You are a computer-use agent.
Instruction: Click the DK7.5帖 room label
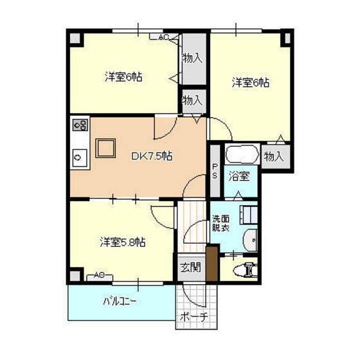pyautogui.click(x=152, y=156)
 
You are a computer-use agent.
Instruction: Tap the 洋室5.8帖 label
pyautogui.click(x=123, y=242)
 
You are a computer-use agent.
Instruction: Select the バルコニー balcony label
pyautogui.click(x=120, y=301)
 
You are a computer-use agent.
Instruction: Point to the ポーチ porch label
pyautogui.click(x=194, y=317)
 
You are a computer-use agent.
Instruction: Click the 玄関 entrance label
pyautogui.click(x=191, y=267)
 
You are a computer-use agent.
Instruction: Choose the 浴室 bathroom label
pyautogui.click(x=239, y=176)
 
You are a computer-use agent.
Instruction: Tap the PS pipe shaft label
pyautogui.click(x=215, y=171)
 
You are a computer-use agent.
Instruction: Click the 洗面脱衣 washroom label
pyautogui.click(x=221, y=223)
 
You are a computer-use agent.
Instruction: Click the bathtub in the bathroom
pyautogui.click(x=242, y=154)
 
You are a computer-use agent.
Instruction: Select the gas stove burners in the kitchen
pyautogui.click(x=80, y=125)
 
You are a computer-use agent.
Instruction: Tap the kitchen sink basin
pyautogui.click(x=80, y=157)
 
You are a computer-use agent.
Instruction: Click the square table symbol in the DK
pyautogui.click(x=105, y=148)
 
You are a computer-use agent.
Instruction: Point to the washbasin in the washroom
pyautogui.click(x=251, y=240)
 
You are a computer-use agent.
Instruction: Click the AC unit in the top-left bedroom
pyautogui.click(x=164, y=37)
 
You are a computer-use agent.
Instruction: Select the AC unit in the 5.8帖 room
pyautogui.click(x=100, y=276)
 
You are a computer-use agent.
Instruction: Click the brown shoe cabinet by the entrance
pyautogui.click(x=212, y=264)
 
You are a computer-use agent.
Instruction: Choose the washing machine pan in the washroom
pyautogui.click(x=248, y=215)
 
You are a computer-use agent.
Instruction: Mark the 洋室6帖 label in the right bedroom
pyautogui.click(x=250, y=83)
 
